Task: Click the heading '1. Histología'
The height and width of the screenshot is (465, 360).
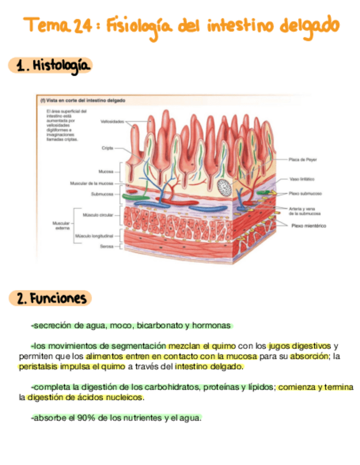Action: pos(52,66)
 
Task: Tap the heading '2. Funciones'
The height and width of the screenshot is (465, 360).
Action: pos(51,298)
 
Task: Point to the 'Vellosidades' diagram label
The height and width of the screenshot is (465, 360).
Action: pos(113,121)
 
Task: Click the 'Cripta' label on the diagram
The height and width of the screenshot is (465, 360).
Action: pos(107,148)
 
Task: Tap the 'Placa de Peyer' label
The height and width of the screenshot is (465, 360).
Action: pos(303,160)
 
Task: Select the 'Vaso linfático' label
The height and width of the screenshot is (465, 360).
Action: pos(302,179)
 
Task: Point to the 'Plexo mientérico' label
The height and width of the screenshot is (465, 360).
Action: pos(308,225)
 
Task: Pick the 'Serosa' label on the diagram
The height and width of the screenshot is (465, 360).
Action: pos(106,247)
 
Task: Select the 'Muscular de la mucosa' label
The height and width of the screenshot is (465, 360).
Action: pos(92,183)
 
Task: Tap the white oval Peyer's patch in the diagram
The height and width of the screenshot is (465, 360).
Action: pos(224,188)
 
